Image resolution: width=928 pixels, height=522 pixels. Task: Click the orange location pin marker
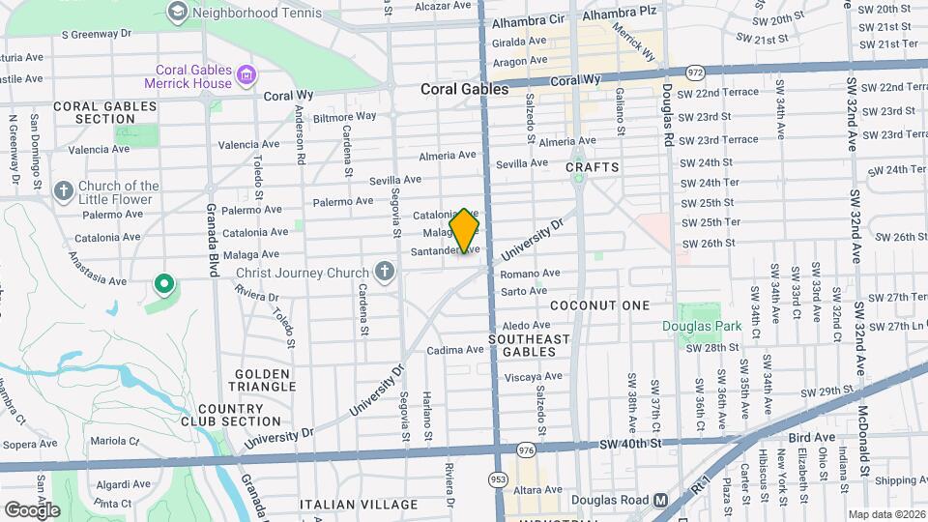(x=465, y=231)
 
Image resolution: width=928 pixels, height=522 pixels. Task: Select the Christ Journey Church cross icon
(x=385, y=272)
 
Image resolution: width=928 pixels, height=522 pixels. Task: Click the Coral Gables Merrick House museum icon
(x=246, y=75)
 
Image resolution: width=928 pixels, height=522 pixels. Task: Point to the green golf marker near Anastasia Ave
(x=163, y=284)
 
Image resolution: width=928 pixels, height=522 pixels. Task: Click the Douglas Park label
(x=701, y=326)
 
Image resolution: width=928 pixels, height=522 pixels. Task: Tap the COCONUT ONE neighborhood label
(x=600, y=304)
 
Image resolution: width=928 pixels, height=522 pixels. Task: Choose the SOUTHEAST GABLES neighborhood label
(x=529, y=346)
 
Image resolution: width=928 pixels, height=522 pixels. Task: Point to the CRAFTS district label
(x=592, y=167)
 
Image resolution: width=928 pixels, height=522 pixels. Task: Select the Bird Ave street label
(x=811, y=437)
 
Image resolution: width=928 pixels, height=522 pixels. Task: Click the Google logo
(x=32, y=508)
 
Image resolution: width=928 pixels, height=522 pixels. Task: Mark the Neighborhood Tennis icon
(x=177, y=12)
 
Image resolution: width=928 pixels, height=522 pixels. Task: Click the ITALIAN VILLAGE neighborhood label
(x=347, y=505)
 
